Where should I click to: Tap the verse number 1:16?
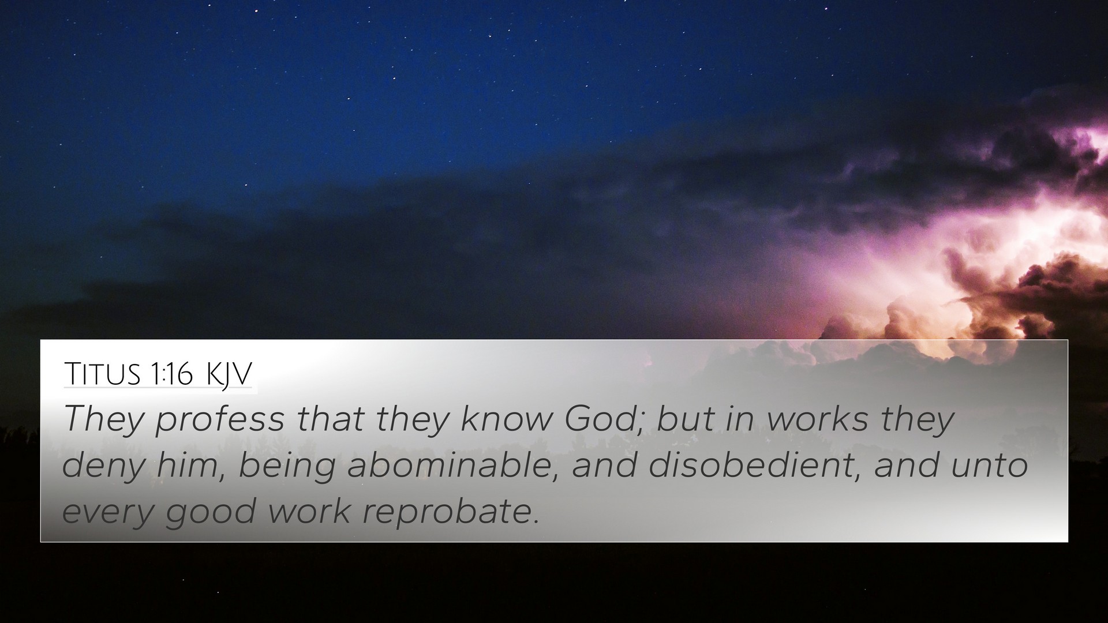pyautogui.click(x=172, y=374)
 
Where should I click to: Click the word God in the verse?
pyautogui.click(x=605, y=419)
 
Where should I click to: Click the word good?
pyautogui.click(x=210, y=512)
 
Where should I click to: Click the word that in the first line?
pyautogui.click(x=330, y=419)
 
